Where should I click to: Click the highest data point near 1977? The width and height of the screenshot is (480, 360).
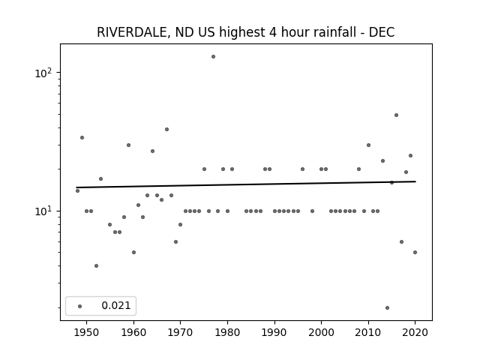tap(213, 57)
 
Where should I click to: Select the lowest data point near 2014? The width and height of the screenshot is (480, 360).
tap(387, 307)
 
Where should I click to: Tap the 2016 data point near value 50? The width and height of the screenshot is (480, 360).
tap(396, 115)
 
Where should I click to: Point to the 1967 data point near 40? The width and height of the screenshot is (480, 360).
tap(166, 130)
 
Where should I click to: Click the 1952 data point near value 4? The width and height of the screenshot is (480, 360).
tap(97, 265)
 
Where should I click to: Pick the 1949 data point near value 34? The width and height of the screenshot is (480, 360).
tap(82, 138)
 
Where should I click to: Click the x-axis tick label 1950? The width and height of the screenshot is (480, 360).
tap(87, 332)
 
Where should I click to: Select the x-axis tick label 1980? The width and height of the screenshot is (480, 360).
tap(227, 332)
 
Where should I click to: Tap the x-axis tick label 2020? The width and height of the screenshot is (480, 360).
tap(415, 332)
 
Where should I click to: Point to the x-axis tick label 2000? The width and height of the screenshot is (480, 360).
tap(322, 332)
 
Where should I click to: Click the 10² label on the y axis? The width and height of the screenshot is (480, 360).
tap(43, 73)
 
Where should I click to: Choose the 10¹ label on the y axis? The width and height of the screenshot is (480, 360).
tap(43, 211)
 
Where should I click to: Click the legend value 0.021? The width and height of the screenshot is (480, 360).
tap(116, 305)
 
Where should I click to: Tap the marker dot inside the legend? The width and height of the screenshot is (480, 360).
tap(80, 306)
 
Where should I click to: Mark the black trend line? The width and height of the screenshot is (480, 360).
tap(246, 184)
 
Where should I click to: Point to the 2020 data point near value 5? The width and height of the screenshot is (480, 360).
tap(415, 252)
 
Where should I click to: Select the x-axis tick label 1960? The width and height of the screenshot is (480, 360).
tap(133, 332)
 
